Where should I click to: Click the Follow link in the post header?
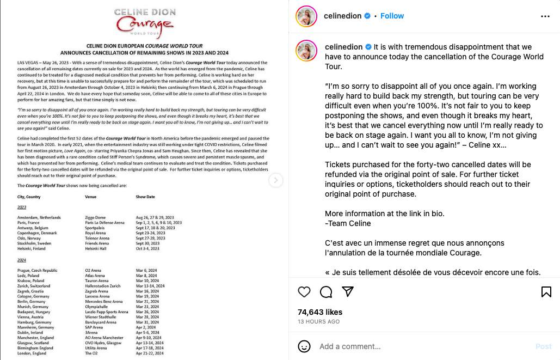pos(392,16)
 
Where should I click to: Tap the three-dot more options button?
pos(545,16)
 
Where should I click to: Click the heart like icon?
pos(304,291)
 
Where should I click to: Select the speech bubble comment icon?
pos(326,291)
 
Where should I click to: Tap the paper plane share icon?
pos(348,291)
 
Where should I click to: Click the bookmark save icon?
pos(546,291)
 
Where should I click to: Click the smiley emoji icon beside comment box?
pos(305,346)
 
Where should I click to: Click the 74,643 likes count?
pos(320,312)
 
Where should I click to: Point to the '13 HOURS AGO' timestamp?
pos(318,322)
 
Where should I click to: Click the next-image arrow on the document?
pos(276,180)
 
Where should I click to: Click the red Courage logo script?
pos(144,25)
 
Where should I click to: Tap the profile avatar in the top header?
pos(306,16)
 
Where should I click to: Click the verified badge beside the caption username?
pos(368,47)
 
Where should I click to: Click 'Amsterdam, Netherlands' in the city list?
pos(39,217)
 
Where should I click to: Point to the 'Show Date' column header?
pos(145,197)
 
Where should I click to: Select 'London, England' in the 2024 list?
pos(32,353)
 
